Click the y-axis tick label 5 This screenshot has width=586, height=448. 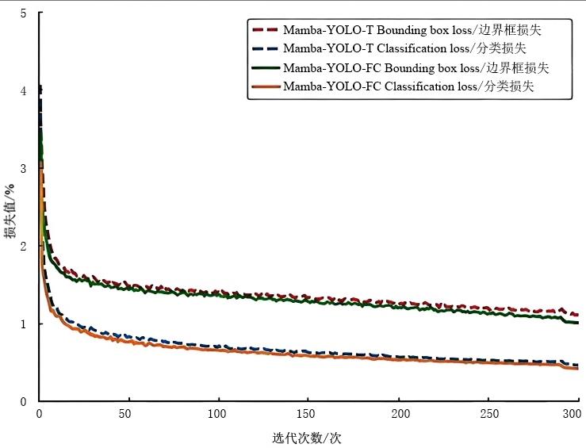click(x=23, y=13)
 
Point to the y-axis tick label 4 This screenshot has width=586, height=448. click(x=23, y=91)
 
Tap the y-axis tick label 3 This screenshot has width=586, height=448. click(x=23, y=169)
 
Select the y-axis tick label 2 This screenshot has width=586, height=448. click(x=23, y=247)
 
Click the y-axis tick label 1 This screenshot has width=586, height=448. click(x=23, y=324)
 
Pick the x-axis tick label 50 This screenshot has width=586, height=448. click(x=124, y=414)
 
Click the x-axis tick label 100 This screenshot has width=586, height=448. click(x=217, y=414)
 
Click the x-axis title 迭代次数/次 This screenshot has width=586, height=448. click(x=307, y=437)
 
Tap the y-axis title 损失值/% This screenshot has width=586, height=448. click(x=10, y=210)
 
